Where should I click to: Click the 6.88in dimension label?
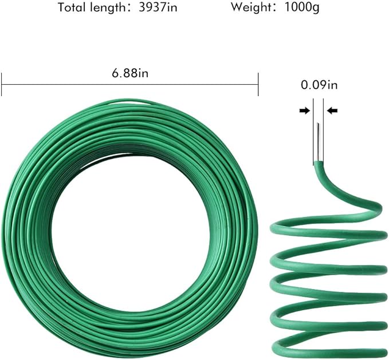point(129,73)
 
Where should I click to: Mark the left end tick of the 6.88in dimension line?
point(2,84)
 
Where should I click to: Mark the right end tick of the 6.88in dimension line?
point(258,84)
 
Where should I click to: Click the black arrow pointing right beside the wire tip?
point(304,110)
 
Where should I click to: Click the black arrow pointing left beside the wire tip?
point(332,110)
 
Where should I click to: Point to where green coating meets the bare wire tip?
point(318,163)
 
